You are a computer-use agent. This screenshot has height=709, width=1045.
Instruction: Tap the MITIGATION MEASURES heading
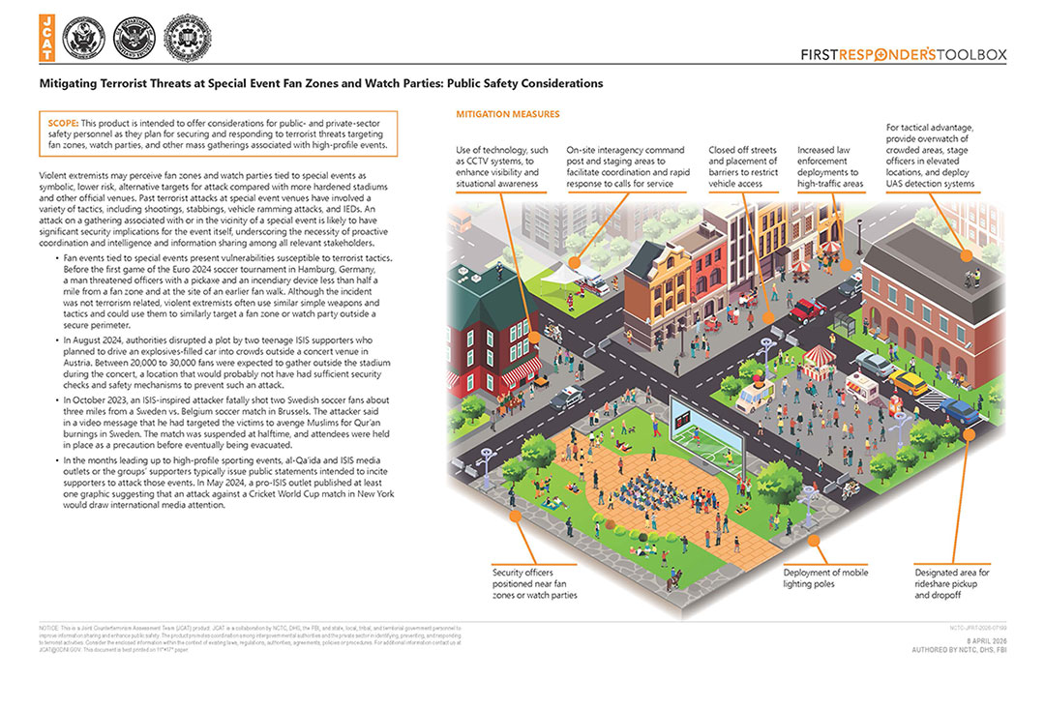coord(507,115)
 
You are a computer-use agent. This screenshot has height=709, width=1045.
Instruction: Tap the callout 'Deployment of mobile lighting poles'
coord(825,578)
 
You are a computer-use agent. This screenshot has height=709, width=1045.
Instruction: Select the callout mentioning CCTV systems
coord(501,166)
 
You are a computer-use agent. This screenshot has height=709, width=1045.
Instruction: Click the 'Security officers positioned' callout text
coord(534,583)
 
